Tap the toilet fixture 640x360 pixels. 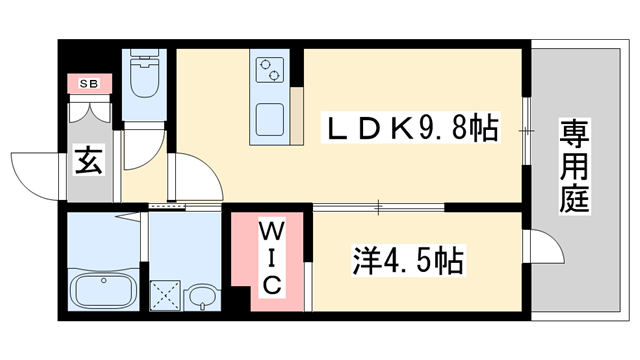click(x=143, y=77)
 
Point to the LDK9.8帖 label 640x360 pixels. click(x=410, y=129)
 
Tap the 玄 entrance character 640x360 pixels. click(x=88, y=161)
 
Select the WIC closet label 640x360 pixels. click(x=271, y=258)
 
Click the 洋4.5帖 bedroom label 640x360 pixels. click(x=406, y=263)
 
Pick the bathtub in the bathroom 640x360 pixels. click(x=104, y=292)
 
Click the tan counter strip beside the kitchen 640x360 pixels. click(x=297, y=116)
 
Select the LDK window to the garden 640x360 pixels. click(x=526, y=128)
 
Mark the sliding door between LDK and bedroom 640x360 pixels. click(x=380, y=208)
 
